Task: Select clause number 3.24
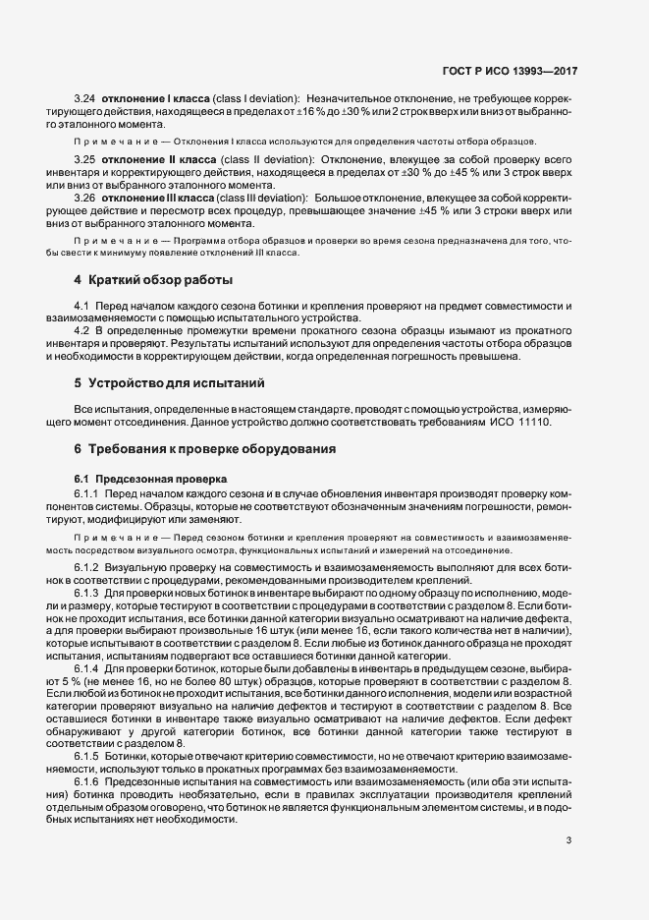[x=85, y=100]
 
